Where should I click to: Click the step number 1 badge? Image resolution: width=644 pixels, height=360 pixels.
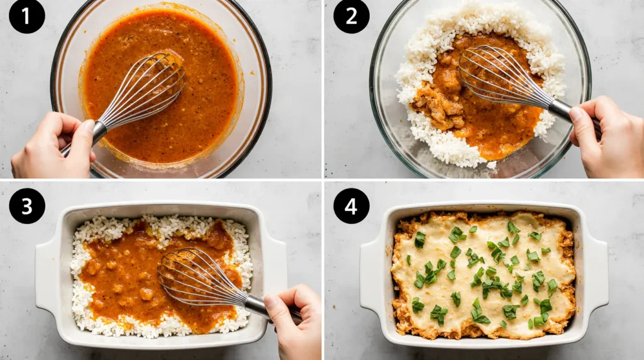[27, 16]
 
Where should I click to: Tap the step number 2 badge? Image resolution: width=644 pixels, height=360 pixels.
[351, 16]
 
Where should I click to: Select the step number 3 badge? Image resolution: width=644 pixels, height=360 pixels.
[27, 206]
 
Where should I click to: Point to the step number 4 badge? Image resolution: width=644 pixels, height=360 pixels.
[351, 206]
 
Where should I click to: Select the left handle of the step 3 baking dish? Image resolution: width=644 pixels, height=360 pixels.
[47, 277]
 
